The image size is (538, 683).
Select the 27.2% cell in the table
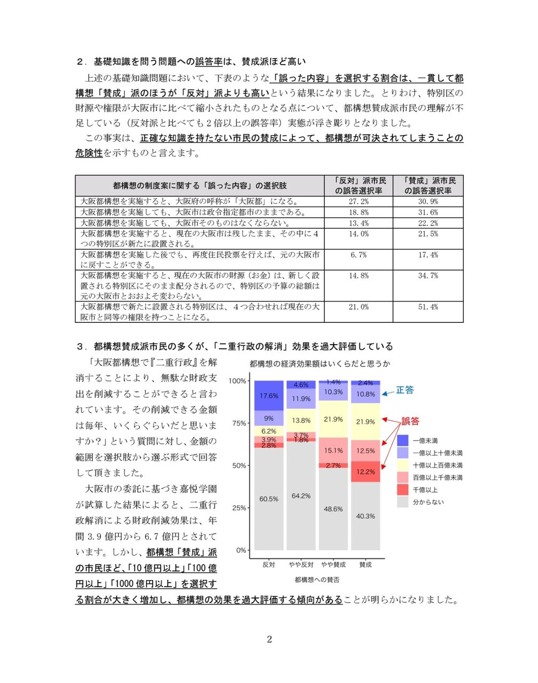(358, 202)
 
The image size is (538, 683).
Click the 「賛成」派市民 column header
(428, 186)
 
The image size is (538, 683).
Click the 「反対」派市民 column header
(359, 186)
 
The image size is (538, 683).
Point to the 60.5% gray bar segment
(268, 499)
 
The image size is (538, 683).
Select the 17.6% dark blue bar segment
(268, 396)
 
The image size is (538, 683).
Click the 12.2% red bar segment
(366, 472)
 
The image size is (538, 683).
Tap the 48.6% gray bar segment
(333, 509)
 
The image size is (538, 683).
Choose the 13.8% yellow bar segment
(301, 420)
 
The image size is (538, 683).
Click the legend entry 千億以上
(425, 490)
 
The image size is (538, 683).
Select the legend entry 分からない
(428, 502)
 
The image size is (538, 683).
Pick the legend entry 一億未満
(425, 441)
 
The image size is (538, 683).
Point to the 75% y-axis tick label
(239, 423)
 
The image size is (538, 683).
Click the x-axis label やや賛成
(333, 565)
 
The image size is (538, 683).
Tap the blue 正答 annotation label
(405, 390)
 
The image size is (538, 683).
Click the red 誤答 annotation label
(410, 421)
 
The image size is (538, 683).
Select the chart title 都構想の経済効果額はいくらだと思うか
(320, 364)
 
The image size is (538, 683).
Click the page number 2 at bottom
(269, 639)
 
